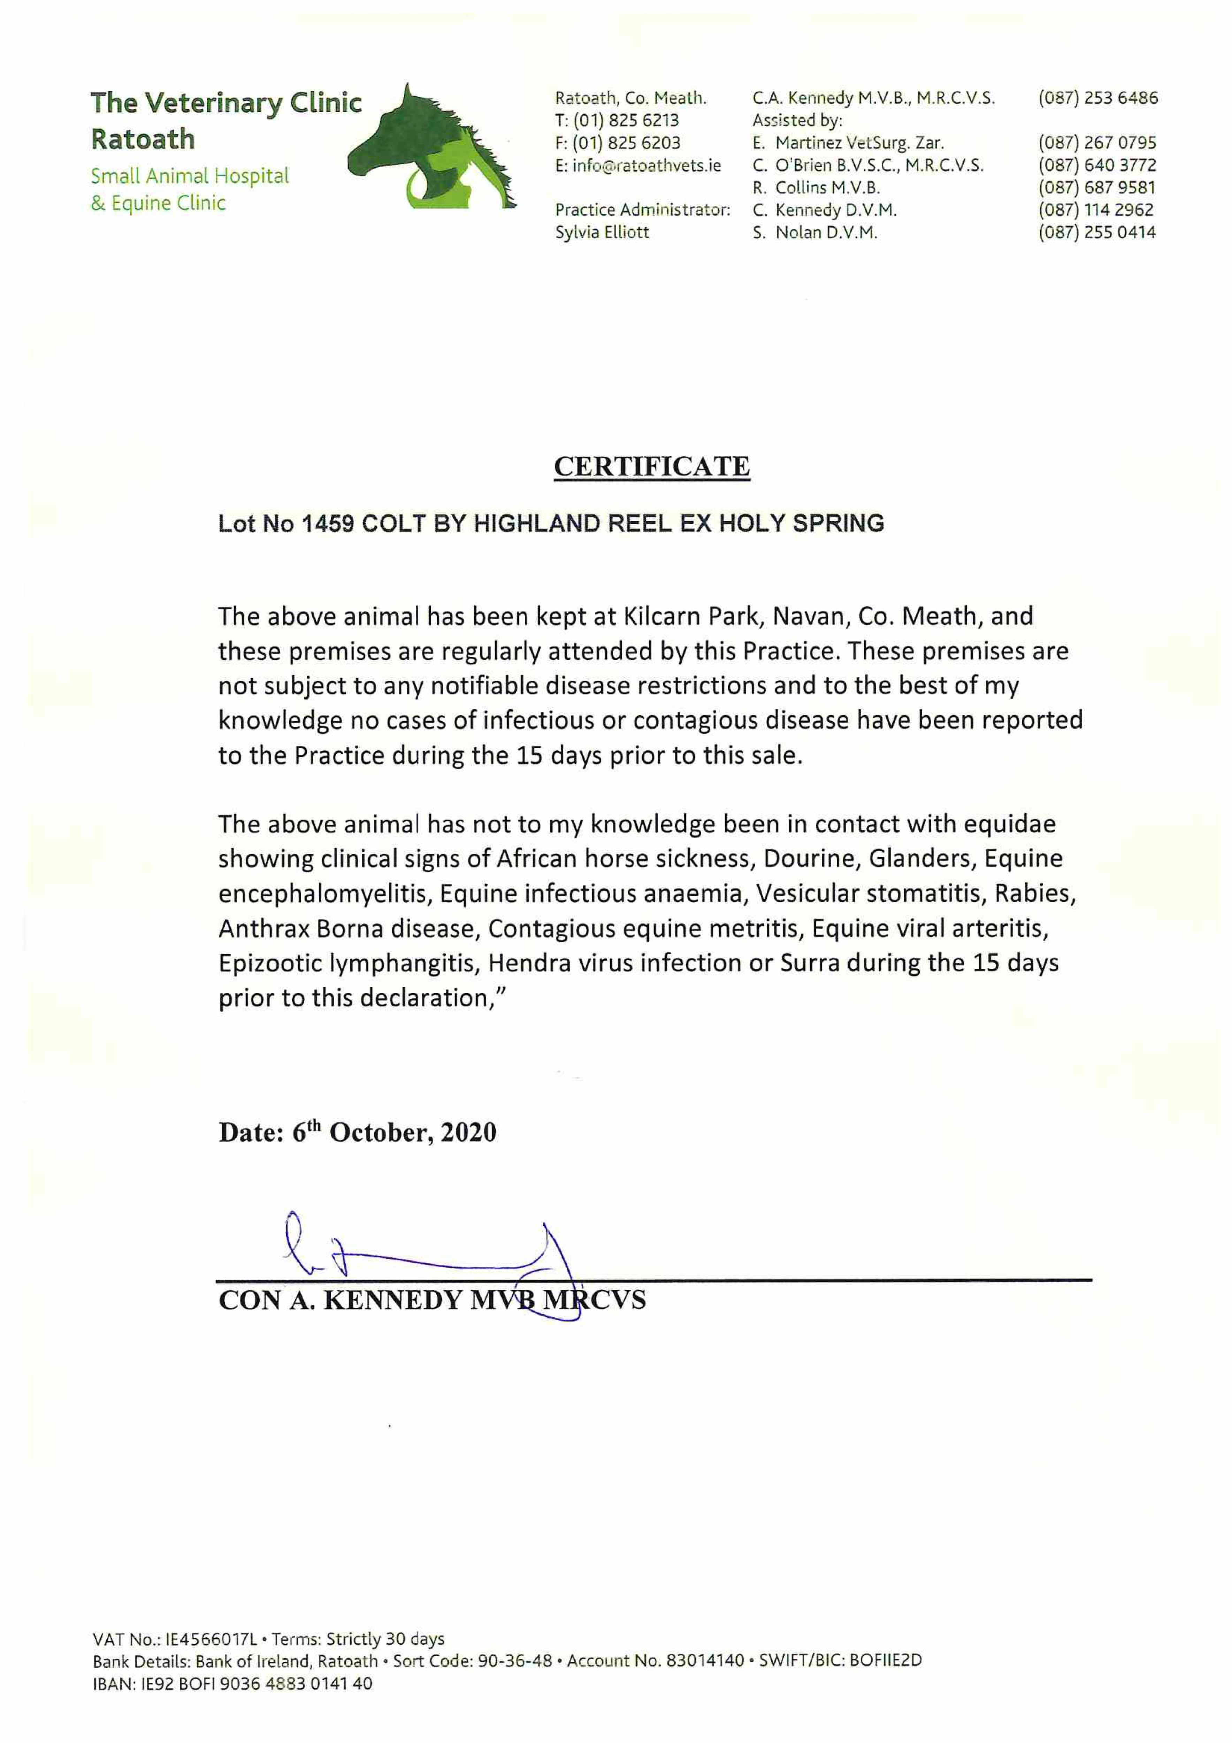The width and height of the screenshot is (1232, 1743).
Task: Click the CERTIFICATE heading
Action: click(651, 466)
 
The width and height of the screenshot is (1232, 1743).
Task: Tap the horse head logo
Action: click(431, 148)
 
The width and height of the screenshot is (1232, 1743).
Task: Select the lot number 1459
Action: click(328, 524)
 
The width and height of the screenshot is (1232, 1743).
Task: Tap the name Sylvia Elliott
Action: click(602, 232)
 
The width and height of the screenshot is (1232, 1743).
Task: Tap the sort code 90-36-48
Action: click(515, 1661)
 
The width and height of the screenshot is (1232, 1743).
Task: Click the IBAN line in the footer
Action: click(232, 1684)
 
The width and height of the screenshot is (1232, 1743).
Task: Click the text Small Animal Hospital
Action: click(190, 176)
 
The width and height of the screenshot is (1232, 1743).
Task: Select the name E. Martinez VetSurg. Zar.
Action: click(848, 143)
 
